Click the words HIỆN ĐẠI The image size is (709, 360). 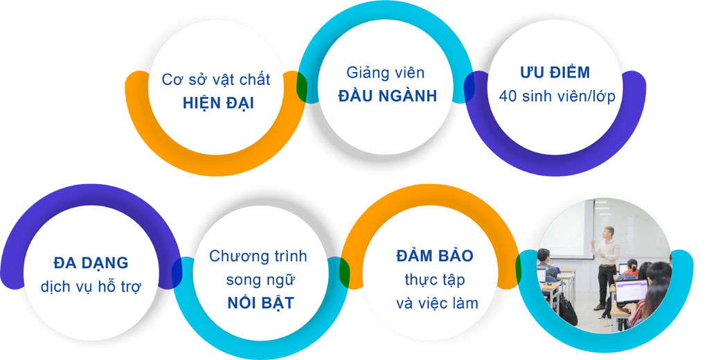pyautogui.click(x=218, y=103)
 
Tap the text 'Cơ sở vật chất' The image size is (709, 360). pyautogui.click(x=216, y=80)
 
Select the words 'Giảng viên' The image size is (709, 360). pyautogui.click(x=386, y=73)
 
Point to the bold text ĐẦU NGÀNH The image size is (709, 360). pyautogui.click(x=388, y=96)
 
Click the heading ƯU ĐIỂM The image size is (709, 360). pyautogui.click(x=555, y=73)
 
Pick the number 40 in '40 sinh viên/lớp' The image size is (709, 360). pyautogui.click(x=508, y=96)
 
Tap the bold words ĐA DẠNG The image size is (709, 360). pyautogui.click(x=91, y=263)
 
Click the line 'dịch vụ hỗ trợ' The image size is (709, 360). pyautogui.click(x=91, y=287)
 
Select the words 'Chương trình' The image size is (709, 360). pyautogui.click(x=258, y=256)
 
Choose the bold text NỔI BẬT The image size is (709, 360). pyautogui.click(x=261, y=303)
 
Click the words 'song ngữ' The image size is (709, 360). pyautogui.click(x=260, y=280)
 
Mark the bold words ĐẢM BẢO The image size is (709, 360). pyautogui.click(x=435, y=255)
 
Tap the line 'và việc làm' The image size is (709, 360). pyautogui.click(x=438, y=303)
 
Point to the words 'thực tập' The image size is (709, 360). pyautogui.click(x=435, y=280)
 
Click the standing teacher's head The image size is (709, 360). pyautogui.click(x=609, y=232)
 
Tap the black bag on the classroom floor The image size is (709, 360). pyautogui.click(x=568, y=309)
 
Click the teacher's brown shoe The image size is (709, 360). pyautogui.click(x=599, y=307)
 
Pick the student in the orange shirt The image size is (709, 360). pyautogui.click(x=631, y=268)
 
